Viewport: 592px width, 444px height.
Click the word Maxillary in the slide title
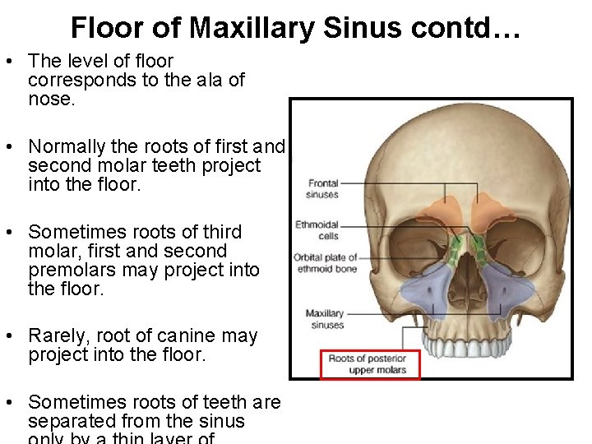(x=252, y=28)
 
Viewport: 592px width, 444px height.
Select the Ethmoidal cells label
(x=317, y=230)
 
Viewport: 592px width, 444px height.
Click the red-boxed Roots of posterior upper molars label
(x=369, y=364)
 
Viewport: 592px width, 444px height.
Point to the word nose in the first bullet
(x=51, y=99)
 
